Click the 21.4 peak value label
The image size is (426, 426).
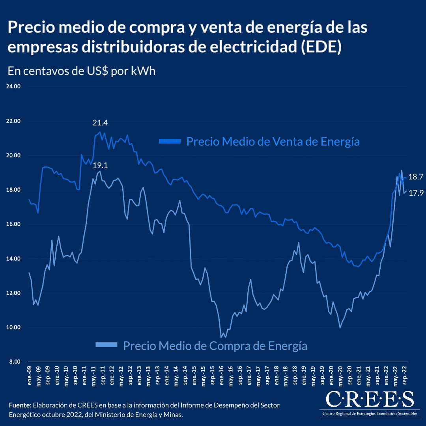pos(100,123)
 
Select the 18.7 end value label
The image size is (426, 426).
pos(415,177)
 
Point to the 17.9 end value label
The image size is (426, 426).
pos(415,193)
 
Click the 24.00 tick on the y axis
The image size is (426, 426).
pos(13,86)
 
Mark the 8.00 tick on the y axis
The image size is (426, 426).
pos(15,362)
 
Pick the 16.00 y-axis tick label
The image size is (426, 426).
pos(13,224)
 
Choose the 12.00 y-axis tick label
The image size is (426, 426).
pos(13,293)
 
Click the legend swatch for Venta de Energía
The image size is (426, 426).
pos(170,141)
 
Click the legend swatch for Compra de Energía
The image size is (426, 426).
pos(106,345)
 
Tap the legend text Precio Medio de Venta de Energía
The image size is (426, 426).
pos(273,141)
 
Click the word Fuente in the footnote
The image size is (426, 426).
pos(19,405)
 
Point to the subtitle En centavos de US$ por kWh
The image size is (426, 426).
pos(82,71)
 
